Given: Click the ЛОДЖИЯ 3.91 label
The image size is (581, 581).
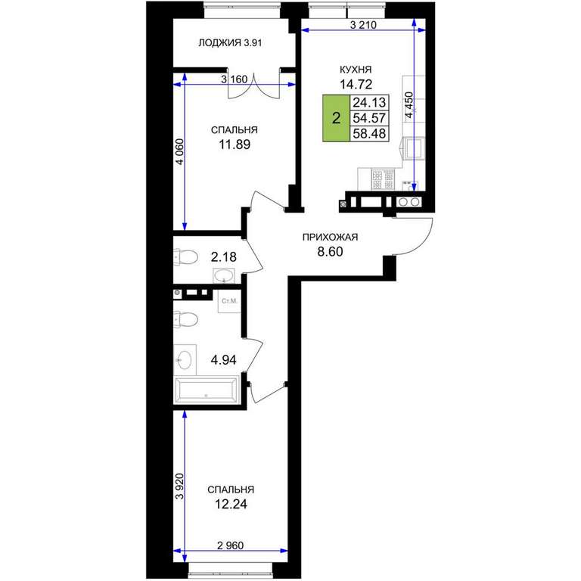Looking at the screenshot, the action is pos(230,43).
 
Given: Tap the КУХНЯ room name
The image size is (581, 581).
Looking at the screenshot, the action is pos(356,70).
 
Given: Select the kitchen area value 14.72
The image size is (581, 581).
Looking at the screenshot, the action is pos(356,85).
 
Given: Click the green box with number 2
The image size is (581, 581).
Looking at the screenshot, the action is pos(336,118).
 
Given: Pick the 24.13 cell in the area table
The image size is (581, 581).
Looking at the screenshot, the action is pos(369,102).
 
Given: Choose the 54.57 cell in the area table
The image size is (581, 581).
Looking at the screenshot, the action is pos(369,118).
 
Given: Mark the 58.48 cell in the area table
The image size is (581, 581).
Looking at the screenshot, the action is pos(369,133).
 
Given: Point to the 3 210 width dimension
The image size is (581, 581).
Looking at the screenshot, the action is pos(363,25).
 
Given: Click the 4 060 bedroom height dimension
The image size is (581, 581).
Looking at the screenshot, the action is pos(180,151).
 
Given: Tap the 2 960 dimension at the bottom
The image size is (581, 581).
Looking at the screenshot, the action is pos(230,545).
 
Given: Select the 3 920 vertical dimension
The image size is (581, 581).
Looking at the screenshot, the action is pos(180,486).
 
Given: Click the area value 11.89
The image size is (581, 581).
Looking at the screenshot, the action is pos(235,144).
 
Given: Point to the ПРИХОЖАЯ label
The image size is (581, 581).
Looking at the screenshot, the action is pos(330,237).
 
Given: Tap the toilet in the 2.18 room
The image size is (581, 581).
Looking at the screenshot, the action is pos(185,257).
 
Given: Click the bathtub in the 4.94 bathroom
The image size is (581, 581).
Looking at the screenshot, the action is pos(207,390).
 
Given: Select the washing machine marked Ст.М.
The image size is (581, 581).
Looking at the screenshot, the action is pos(229,301).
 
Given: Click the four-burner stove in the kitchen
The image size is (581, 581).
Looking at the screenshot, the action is pos(383,180).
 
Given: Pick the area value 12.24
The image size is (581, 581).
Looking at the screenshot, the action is pos(231,505).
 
